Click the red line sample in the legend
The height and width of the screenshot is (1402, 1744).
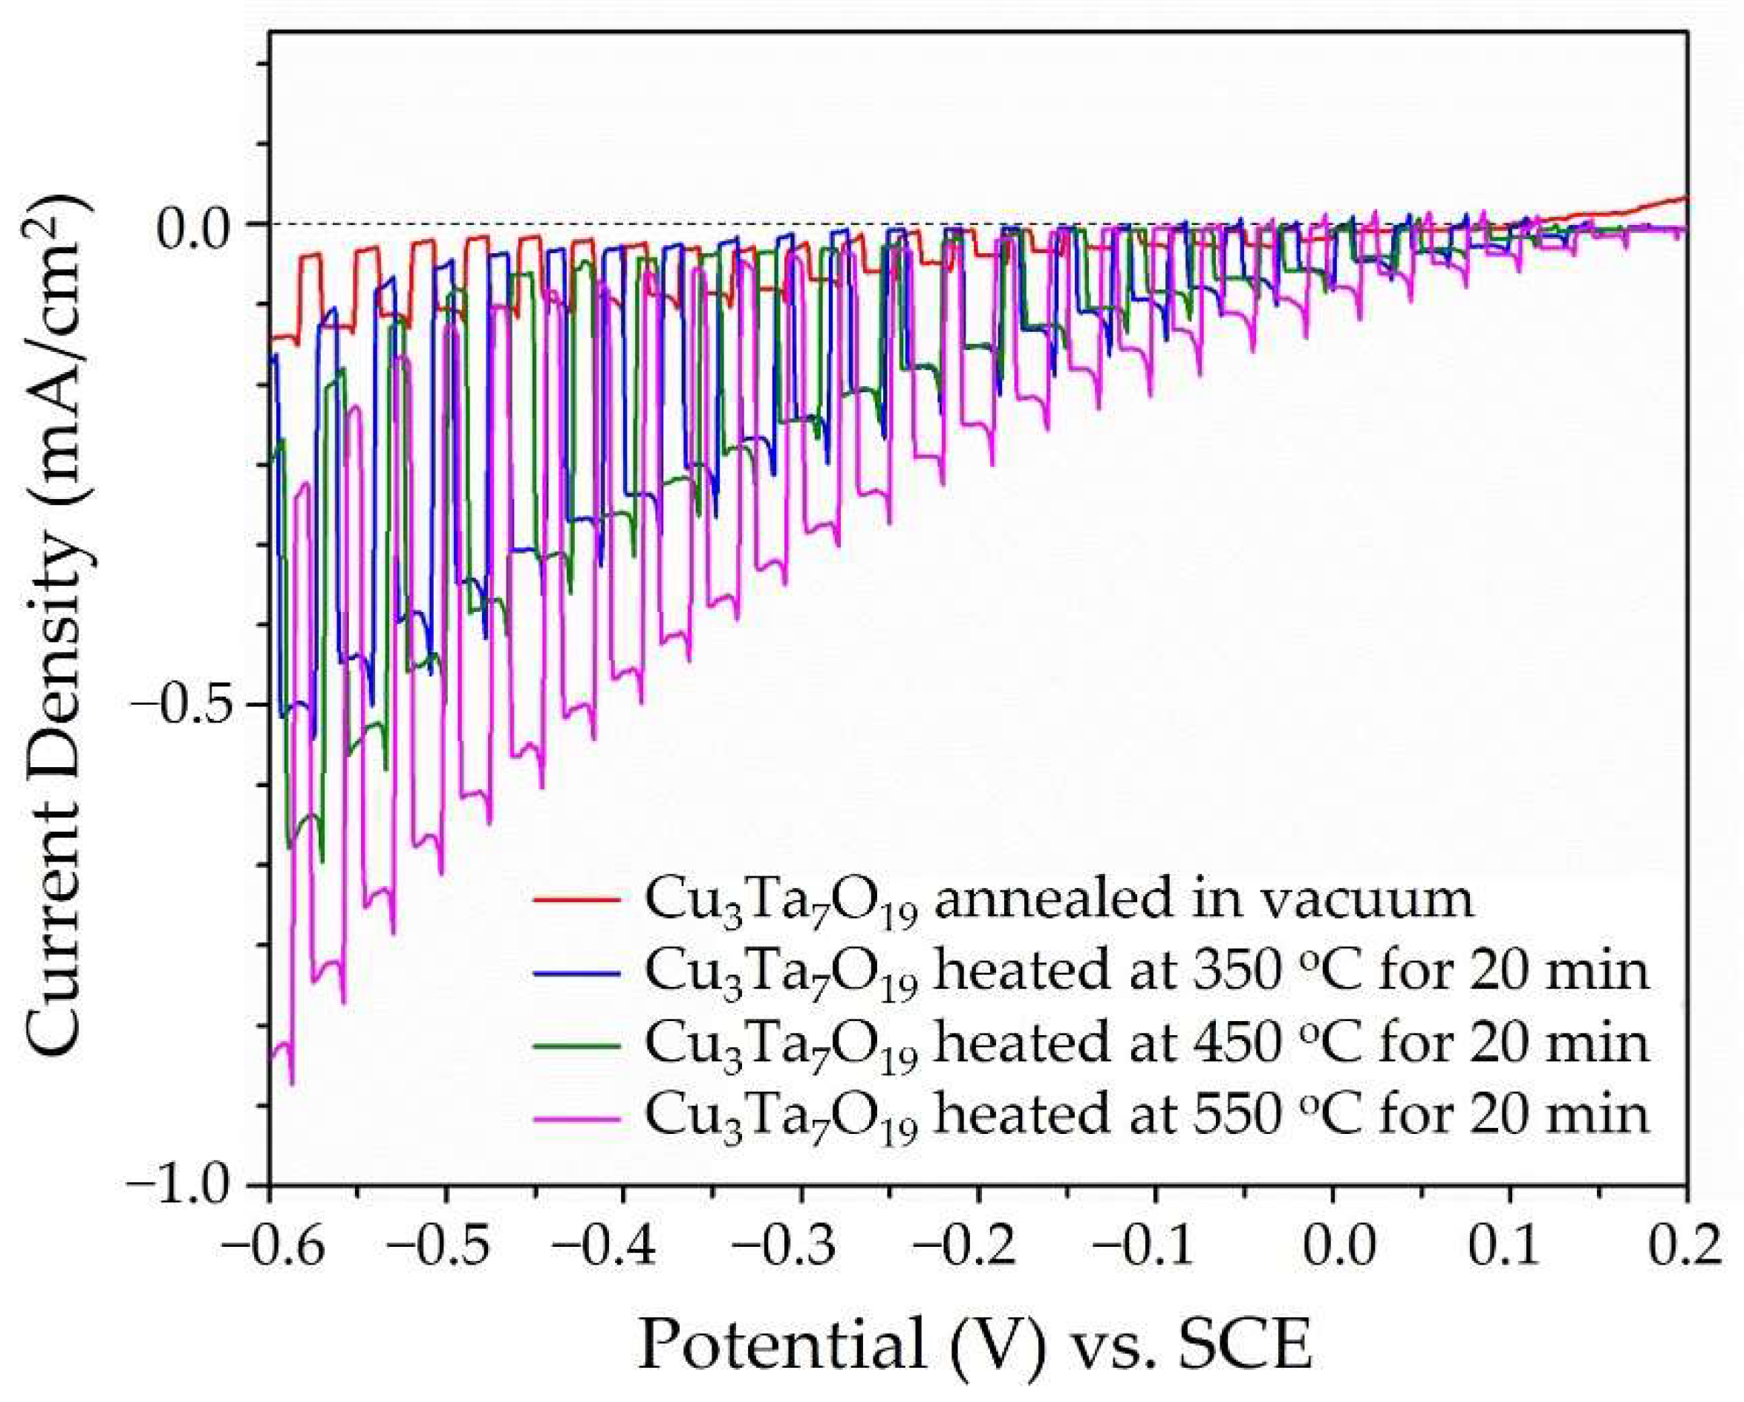coord(576,899)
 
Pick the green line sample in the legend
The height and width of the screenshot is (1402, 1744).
coord(576,1044)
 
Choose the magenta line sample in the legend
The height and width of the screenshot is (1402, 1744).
coord(576,1117)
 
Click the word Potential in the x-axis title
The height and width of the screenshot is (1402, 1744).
coord(781,1346)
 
